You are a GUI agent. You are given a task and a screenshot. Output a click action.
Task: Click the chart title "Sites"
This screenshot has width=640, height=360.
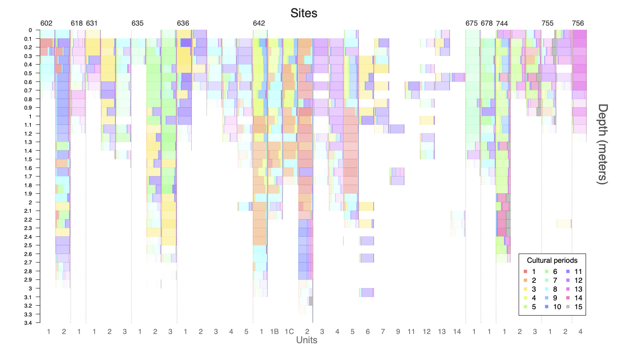tap(304, 13)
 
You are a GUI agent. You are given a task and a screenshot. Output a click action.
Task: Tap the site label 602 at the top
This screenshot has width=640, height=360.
tap(46, 23)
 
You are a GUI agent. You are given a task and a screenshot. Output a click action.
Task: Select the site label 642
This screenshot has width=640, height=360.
tap(259, 23)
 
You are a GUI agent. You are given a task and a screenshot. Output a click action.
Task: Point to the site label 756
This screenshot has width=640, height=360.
tap(578, 23)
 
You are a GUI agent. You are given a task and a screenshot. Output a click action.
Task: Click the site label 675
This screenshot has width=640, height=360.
tap(472, 23)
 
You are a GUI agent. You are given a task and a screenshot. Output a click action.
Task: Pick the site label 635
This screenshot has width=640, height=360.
tap(137, 23)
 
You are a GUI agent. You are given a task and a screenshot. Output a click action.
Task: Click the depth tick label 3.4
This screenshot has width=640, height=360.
tap(28, 323)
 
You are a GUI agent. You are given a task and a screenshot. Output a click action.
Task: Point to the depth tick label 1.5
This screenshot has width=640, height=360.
tap(28, 159)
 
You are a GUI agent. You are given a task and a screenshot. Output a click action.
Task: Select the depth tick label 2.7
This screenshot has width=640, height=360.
tap(28, 262)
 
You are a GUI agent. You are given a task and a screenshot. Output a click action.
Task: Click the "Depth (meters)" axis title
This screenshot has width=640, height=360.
tap(602, 144)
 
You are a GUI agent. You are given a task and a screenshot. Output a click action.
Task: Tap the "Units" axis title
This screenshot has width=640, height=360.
tap(306, 340)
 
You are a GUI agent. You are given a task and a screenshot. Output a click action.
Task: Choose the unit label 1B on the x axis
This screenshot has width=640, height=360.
tap(274, 332)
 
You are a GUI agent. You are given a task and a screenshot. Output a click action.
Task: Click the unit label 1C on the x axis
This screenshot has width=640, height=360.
tap(289, 332)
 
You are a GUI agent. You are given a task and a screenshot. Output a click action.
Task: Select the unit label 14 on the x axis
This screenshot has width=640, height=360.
tap(457, 332)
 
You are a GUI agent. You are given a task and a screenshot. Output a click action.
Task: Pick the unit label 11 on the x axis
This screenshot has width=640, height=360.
tap(411, 332)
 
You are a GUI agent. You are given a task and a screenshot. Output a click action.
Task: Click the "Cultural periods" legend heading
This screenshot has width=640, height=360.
tap(552, 260)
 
